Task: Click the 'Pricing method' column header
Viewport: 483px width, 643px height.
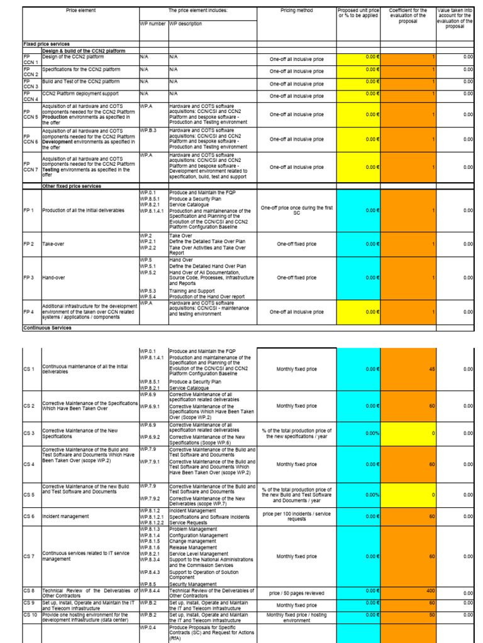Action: click(x=296, y=11)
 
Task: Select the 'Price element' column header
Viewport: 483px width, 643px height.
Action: click(x=79, y=11)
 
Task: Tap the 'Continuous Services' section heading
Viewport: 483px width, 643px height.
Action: click(x=47, y=328)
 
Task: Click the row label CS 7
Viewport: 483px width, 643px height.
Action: click(x=29, y=556)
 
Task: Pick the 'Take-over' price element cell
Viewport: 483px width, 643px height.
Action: click(x=53, y=244)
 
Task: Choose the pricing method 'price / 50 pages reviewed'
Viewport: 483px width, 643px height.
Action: click(x=296, y=593)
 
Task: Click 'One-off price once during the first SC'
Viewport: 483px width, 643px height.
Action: click(x=296, y=210)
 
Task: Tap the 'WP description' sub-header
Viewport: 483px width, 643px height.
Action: click(x=186, y=24)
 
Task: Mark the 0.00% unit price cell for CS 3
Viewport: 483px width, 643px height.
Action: click(x=358, y=433)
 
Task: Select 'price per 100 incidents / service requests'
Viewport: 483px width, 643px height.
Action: click(x=296, y=516)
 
